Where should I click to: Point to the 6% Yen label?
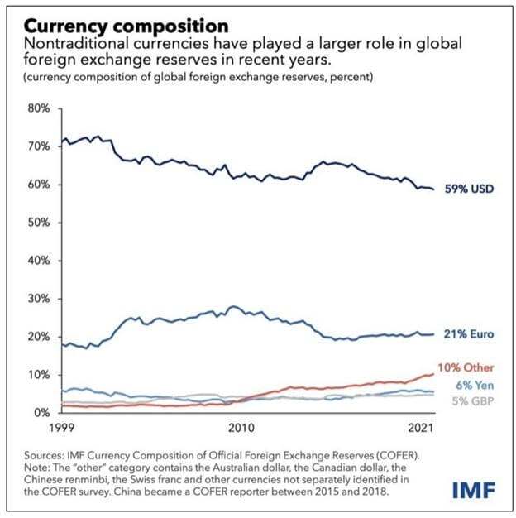click(475, 385)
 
